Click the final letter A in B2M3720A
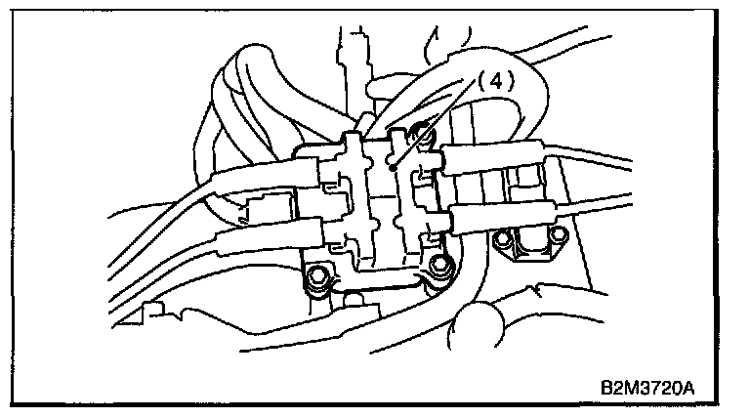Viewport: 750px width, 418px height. (688, 388)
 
